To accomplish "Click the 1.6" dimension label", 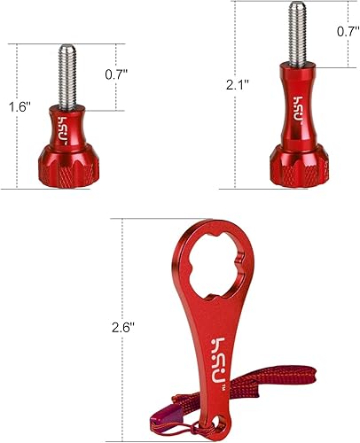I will click(x=20, y=107).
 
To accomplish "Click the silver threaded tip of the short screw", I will click(x=67, y=75).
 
